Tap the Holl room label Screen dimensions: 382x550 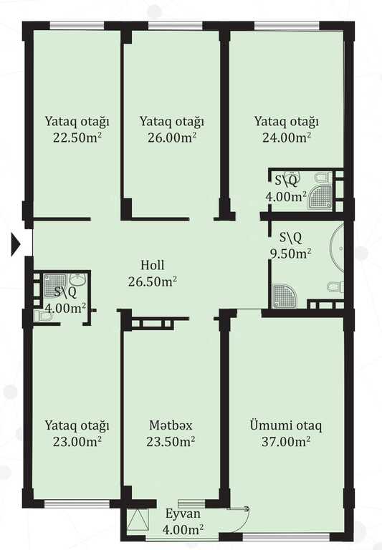click(153, 265)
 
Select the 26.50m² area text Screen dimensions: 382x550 click(153, 281)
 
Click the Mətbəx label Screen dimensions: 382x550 click(171, 425)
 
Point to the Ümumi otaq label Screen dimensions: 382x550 click(286, 425)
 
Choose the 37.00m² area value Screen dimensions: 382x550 click(286, 441)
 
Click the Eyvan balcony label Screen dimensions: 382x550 click(183, 514)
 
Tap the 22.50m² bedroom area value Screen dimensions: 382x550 click(77, 137)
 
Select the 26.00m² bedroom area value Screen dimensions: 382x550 click(172, 137)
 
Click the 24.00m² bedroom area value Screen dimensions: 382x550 click(287, 137)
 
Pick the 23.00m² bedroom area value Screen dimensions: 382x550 click(77, 441)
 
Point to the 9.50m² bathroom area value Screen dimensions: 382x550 click(291, 254)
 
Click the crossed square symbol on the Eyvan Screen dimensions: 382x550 click(135, 519)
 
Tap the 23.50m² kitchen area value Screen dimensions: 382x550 click(171, 441)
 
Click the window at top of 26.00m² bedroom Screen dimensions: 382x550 click(176, 26)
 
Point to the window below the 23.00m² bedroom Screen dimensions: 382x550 click(77, 503)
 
